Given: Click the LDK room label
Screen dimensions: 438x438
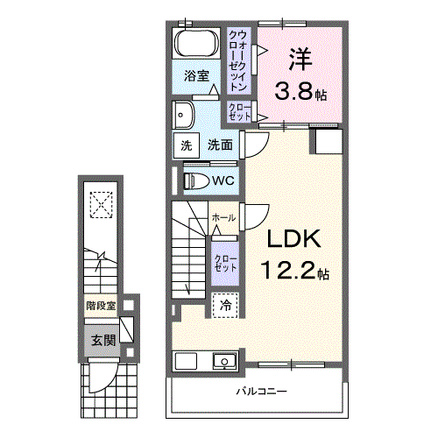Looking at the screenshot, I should pos(290,240).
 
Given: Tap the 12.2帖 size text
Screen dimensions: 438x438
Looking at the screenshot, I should pos(290,272).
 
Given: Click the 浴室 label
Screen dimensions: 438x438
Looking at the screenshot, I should pos(196,76).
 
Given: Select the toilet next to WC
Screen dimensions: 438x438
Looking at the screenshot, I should pos(196,180).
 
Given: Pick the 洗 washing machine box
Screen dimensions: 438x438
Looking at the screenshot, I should pos(186,145).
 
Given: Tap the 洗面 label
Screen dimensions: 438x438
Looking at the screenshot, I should pos(220,145).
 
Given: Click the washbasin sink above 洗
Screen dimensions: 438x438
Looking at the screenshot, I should pos(184,113).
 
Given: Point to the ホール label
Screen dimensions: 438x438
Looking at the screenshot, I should pos(223,217).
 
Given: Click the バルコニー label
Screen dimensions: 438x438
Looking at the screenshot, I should pos(261,391).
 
